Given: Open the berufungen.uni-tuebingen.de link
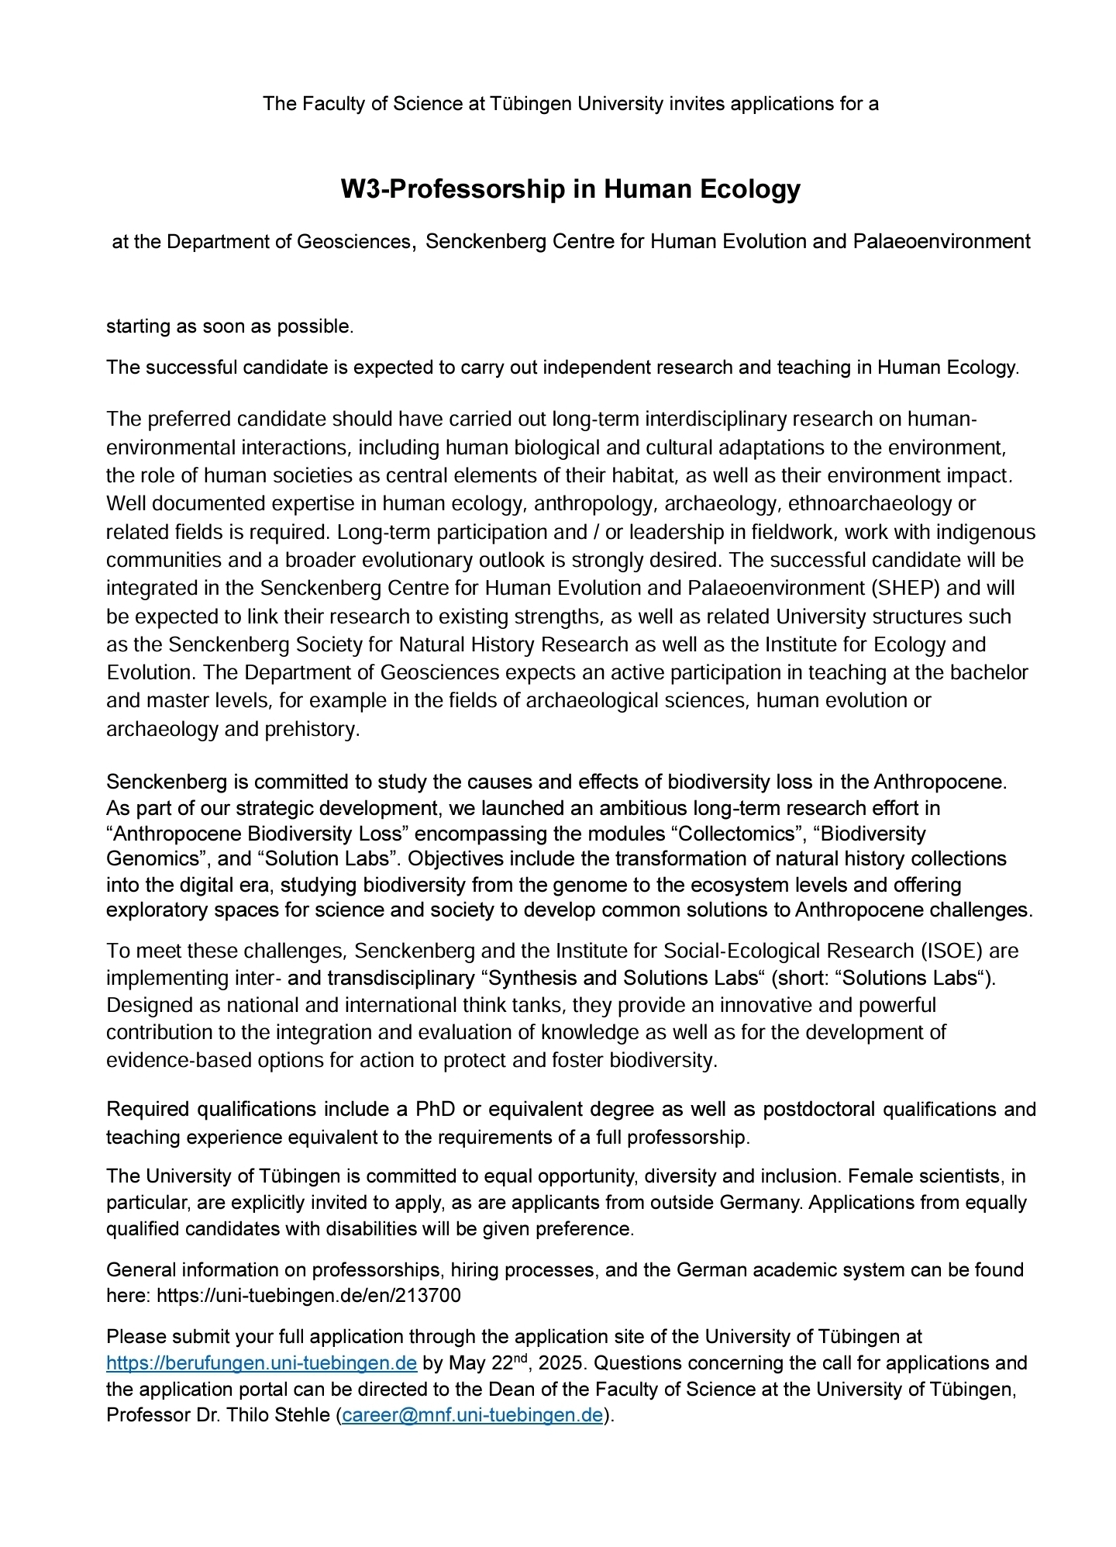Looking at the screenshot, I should point(261,1363).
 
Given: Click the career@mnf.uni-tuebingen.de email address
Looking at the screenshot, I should point(472,1415).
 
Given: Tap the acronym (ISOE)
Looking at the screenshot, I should point(952,951).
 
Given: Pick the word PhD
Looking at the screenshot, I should point(435,1110).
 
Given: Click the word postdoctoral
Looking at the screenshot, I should point(818,1110).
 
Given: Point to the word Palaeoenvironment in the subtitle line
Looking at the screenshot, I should point(941,242).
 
